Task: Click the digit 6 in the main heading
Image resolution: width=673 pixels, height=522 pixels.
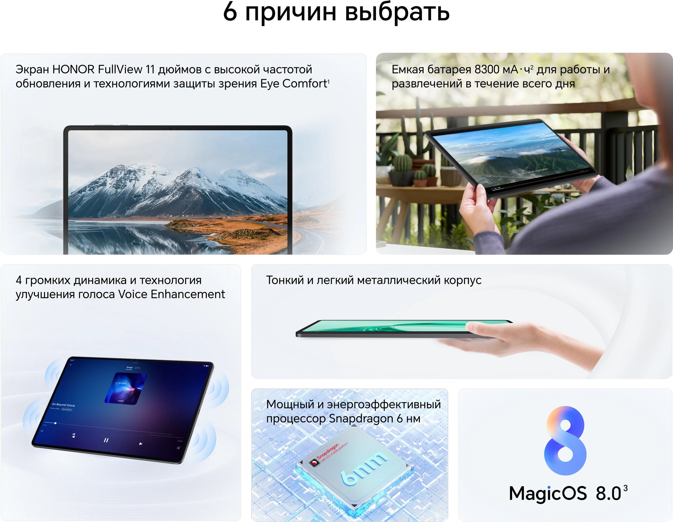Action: click(230, 12)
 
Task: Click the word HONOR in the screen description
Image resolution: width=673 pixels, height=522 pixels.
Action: click(73, 69)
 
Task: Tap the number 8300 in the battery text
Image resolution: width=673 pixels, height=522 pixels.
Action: click(487, 69)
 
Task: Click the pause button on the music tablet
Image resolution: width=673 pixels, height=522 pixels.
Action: click(106, 440)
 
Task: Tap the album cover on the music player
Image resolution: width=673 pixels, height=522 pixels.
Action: click(125, 388)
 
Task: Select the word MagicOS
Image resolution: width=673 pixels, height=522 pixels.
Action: click(547, 493)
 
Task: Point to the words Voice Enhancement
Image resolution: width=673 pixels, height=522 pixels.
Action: click(171, 294)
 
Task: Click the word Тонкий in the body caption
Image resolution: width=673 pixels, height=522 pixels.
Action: click(285, 280)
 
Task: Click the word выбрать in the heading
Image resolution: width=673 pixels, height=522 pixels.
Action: click(397, 12)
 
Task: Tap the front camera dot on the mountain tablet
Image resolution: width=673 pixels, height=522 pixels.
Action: click(178, 128)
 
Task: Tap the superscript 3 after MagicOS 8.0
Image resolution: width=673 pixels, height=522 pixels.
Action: click(625, 488)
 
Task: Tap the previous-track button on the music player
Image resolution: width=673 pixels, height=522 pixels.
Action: click(74, 436)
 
